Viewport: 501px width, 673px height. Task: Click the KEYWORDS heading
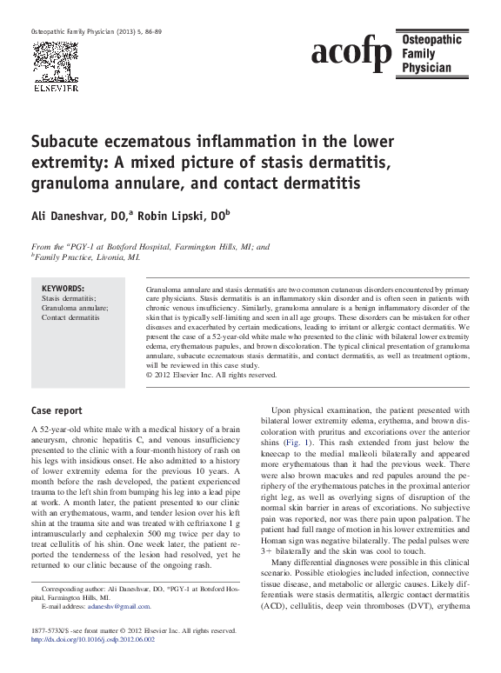[63, 288]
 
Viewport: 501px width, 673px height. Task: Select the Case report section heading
[57, 410]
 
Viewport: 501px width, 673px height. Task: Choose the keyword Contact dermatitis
[70, 317]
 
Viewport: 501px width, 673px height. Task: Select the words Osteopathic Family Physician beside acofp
[431, 53]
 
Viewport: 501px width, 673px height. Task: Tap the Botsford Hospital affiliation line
[150, 246]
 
